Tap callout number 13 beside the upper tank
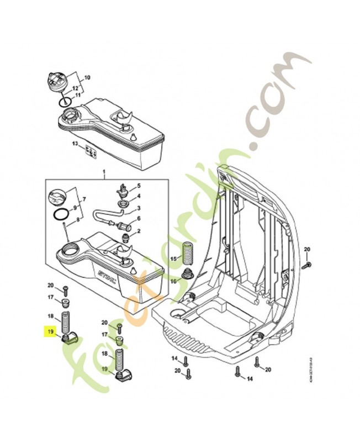click(74, 144)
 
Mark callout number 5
click(139, 187)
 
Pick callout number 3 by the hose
click(139, 208)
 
